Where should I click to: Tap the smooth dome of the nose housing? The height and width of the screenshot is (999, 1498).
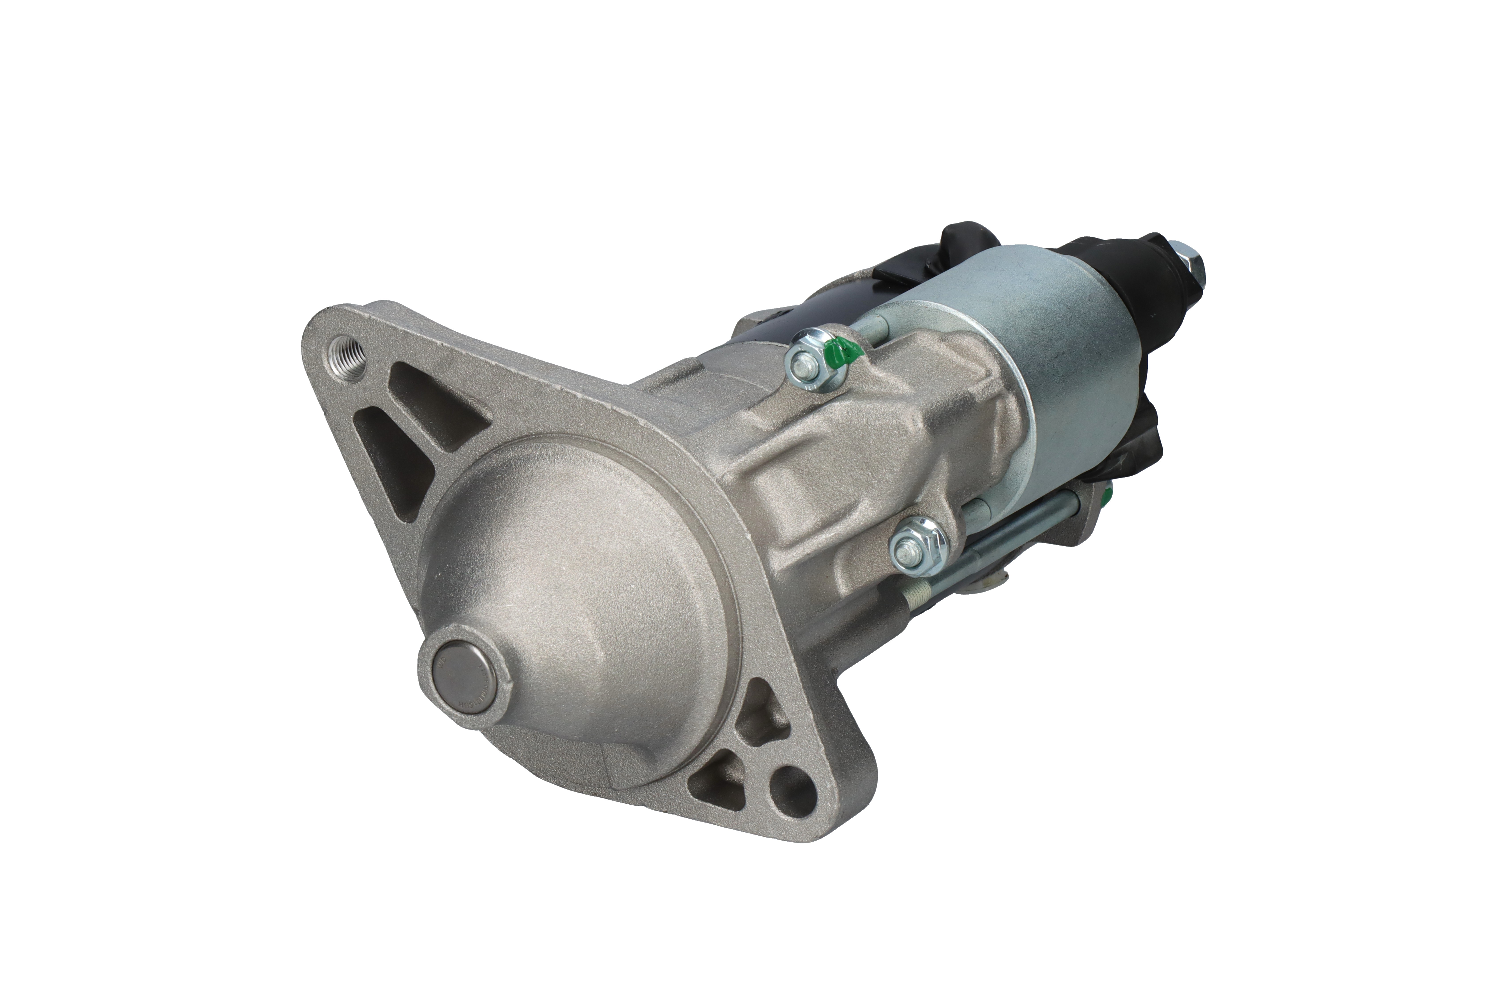coord(573,561)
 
